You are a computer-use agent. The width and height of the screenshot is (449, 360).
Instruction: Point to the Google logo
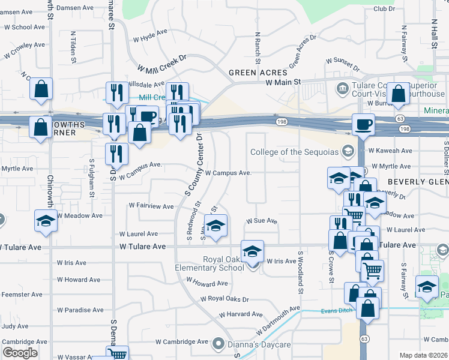19,353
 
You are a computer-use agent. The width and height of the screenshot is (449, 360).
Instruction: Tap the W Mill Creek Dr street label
162,62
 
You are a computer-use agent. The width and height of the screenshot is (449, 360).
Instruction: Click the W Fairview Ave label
151,206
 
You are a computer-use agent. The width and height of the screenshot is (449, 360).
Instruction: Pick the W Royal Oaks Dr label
224,298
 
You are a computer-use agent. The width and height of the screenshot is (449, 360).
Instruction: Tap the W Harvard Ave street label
241,314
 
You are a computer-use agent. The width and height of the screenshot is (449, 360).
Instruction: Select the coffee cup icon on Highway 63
363,125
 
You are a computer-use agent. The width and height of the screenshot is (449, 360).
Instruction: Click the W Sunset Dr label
343,61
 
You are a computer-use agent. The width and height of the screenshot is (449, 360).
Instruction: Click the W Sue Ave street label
262,221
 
